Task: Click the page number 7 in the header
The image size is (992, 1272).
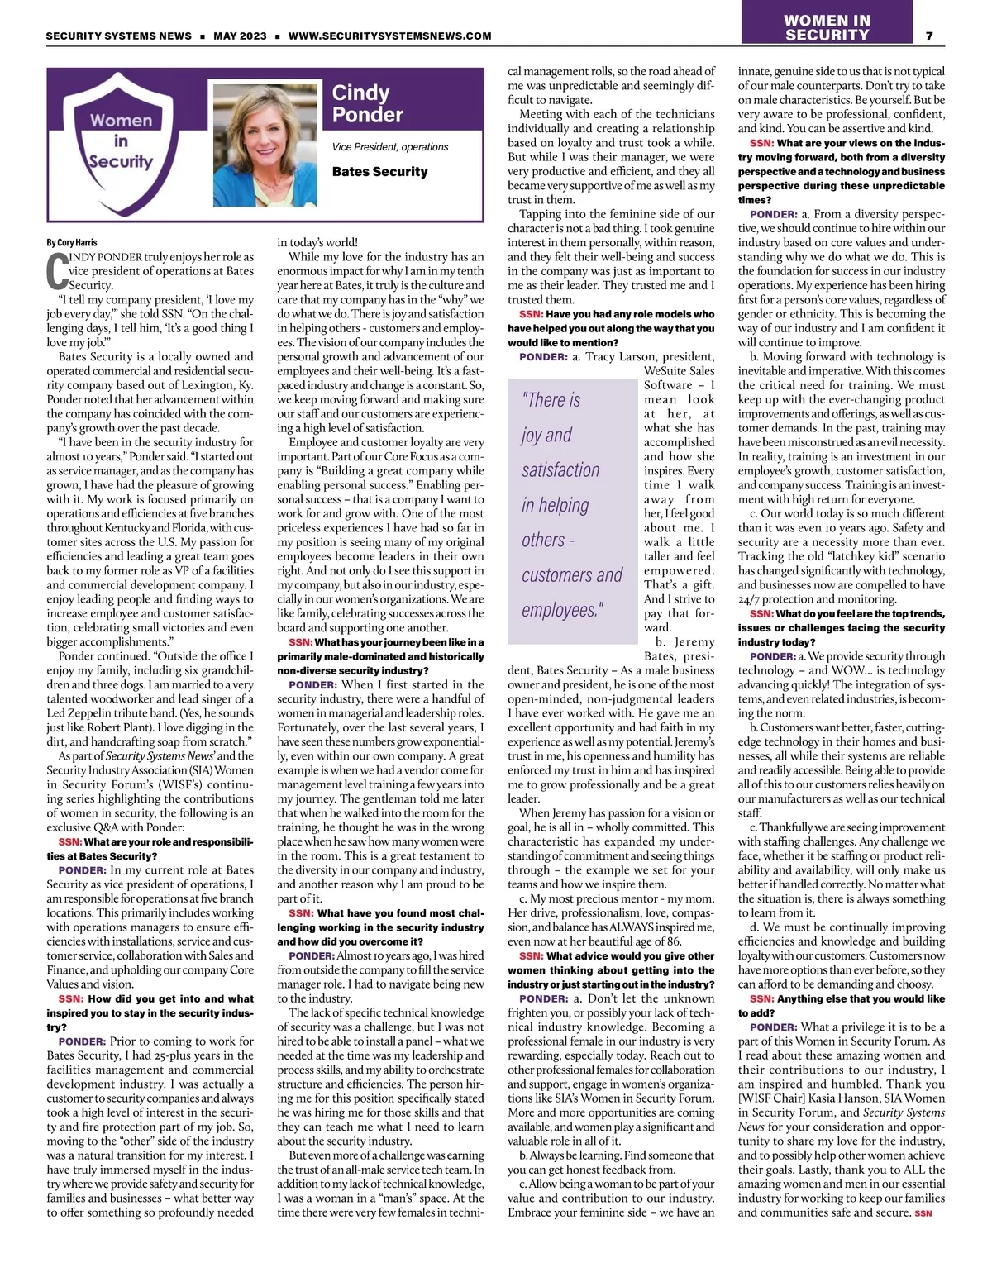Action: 930,36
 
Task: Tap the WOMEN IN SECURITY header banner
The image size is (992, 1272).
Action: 827,27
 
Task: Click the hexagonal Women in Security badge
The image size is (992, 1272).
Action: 122,141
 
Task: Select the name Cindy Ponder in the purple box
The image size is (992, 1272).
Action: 367,103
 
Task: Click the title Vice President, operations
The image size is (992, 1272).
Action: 390,147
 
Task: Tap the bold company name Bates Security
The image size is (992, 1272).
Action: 379,172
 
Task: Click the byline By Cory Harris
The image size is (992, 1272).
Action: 72,242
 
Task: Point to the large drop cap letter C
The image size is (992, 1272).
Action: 57,270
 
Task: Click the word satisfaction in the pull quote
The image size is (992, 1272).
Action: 560,470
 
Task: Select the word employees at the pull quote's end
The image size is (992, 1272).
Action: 562,610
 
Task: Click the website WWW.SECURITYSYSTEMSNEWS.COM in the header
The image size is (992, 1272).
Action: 389,36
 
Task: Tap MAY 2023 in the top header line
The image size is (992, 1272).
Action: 240,36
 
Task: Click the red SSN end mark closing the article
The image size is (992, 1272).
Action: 923,1213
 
